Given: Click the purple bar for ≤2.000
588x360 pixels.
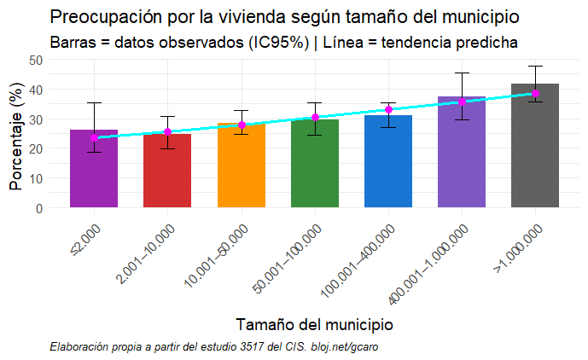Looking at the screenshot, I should click(94, 171).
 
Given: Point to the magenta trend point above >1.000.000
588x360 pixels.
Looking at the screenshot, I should click(535, 93).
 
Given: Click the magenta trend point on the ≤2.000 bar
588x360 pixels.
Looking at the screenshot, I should click(94, 137).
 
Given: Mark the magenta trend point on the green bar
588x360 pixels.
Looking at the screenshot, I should click(315, 117).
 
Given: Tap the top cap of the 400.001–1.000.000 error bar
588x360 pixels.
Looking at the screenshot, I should click(462, 73).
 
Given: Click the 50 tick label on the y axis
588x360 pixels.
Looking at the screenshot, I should click(36, 60).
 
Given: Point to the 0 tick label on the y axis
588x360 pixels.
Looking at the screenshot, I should click(39, 208).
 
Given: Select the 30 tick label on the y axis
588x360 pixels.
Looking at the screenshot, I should click(36, 119).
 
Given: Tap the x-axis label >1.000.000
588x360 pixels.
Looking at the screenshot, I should click(517, 247).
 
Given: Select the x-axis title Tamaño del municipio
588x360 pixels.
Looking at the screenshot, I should click(313, 324).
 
